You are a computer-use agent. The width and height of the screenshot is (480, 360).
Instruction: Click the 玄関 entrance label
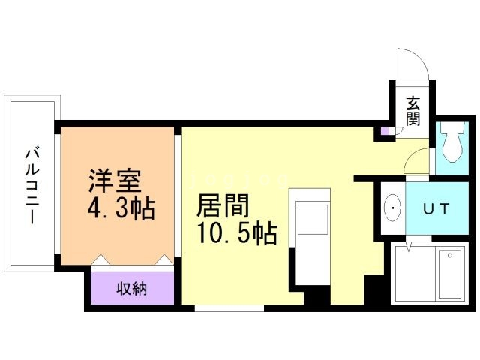click(413, 111)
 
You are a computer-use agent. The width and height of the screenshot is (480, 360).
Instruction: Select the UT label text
click(435, 209)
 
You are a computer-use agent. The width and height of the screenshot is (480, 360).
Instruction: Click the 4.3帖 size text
click(121, 208)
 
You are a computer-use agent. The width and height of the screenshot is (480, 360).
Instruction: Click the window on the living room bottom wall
click(229, 307)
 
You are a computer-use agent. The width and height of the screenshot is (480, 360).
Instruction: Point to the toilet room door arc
click(418, 160)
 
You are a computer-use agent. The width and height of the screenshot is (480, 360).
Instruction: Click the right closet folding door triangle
click(160, 259)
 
